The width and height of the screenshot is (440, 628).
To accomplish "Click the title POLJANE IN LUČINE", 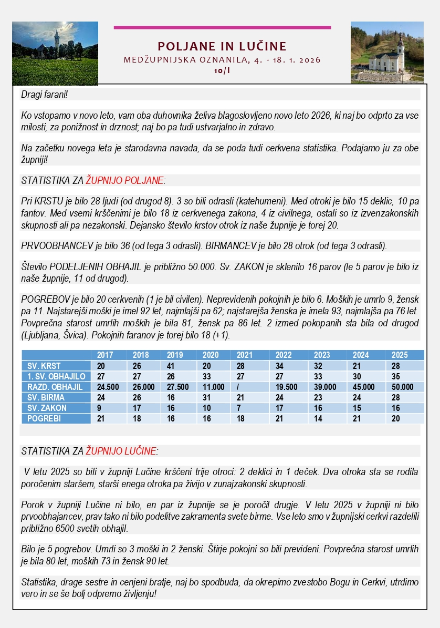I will point(222,46).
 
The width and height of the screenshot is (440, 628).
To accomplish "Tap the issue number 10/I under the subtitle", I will point(222,70).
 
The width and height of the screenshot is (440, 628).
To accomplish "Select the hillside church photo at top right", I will point(387,52).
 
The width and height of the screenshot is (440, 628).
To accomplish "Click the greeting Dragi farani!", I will point(45,95).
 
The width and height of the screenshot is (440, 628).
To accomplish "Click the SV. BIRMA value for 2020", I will point(206,397).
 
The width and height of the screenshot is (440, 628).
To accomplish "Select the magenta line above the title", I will point(222,27).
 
